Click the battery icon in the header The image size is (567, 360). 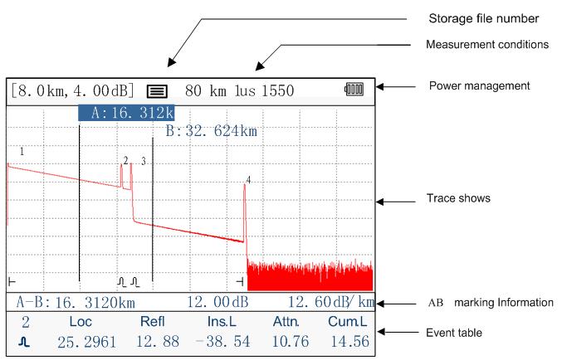(x=354, y=89)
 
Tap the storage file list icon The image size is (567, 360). (x=157, y=91)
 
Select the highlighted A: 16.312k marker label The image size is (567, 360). (x=126, y=113)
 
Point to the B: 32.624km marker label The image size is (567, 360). (x=212, y=131)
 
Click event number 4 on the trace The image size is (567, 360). (x=248, y=180)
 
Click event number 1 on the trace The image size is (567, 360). (x=22, y=151)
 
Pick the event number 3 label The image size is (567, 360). (x=144, y=161)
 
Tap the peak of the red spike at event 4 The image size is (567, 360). (x=245, y=185)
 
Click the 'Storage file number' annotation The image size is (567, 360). (x=483, y=18)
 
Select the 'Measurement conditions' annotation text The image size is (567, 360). (x=487, y=45)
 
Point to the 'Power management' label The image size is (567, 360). (x=479, y=86)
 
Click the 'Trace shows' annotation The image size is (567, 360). (x=458, y=198)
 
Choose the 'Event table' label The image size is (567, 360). (x=454, y=333)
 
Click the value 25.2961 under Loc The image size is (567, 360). (x=87, y=342)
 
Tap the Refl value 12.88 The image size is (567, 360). (x=157, y=342)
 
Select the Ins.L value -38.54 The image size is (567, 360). (x=222, y=342)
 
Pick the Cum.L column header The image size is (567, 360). (x=347, y=321)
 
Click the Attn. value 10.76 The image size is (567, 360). (x=291, y=342)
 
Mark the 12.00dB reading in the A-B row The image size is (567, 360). (x=218, y=302)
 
